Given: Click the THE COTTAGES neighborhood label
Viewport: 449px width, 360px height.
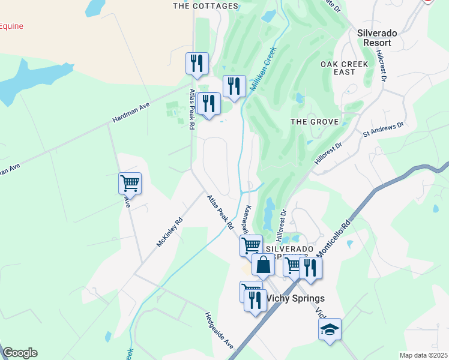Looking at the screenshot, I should pyautogui.click(x=205, y=6).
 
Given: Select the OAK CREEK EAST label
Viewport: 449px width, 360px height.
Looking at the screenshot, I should pyautogui.click(x=346, y=68).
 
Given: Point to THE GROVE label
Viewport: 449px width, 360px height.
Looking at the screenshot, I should pyautogui.click(x=315, y=122).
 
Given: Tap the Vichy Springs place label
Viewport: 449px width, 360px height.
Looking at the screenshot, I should pyautogui.click(x=295, y=298).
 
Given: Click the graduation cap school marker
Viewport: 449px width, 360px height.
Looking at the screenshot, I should pyautogui.click(x=330, y=329).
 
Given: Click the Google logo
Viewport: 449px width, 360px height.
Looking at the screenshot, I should pyautogui.click(x=20, y=353).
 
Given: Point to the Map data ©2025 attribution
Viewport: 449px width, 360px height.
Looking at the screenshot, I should pyautogui.click(x=423, y=355).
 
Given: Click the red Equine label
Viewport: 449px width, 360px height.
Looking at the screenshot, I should pyautogui.click(x=11, y=26).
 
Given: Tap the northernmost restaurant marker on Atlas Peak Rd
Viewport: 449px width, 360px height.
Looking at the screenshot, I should pyautogui.click(x=197, y=63).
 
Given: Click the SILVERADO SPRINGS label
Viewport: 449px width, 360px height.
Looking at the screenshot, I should pyautogui.click(x=290, y=249).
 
